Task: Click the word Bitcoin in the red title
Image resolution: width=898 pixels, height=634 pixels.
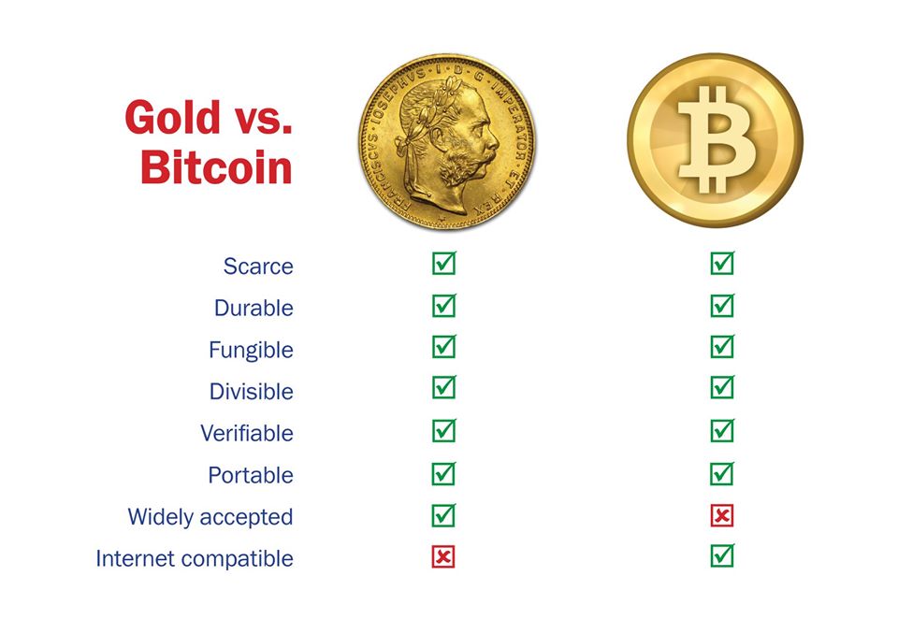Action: coord(216,167)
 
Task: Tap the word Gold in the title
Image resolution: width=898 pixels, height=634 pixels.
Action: coord(172,118)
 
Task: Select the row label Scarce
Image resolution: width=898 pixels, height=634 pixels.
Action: coord(258,267)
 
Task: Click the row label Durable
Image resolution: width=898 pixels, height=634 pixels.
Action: coord(253,309)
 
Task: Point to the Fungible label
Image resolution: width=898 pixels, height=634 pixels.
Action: coord(251,350)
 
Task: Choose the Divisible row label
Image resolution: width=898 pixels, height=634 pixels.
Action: coord(252,392)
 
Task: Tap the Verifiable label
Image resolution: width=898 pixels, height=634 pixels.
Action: coord(247,434)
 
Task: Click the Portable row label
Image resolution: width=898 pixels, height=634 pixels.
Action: coord(251,475)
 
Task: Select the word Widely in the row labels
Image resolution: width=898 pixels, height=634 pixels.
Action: coord(161,517)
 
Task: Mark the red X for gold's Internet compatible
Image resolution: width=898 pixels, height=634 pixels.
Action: coord(443,556)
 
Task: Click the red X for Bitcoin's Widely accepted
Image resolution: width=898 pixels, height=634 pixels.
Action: coord(722,515)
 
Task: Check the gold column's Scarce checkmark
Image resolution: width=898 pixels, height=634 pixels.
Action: coord(444,263)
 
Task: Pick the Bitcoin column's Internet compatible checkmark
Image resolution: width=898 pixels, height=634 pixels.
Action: coord(723,555)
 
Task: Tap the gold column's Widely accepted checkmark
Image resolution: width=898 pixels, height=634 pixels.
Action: coord(443,515)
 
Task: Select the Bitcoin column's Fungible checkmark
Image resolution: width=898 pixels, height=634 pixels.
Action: coord(723,347)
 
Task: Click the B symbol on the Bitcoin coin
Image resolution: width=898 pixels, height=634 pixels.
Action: coord(717,139)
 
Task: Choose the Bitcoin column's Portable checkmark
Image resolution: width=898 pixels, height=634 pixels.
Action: coord(723,474)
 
